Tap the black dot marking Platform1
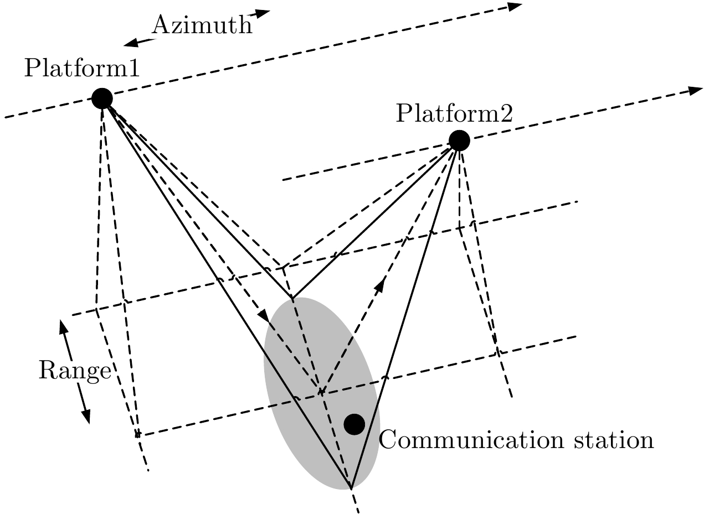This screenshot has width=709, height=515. (x=102, y=98)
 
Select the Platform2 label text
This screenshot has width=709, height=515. (x=454, y=114)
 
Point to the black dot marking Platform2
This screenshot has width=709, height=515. (x=459, y=141)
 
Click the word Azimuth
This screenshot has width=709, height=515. (x=202, y=25)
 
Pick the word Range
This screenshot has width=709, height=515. (x=74, y=371)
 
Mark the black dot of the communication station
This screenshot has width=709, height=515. (x=354, y=424)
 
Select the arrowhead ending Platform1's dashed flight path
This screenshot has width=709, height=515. (x=516, y=6)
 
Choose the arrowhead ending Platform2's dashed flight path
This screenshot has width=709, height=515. (x=696, y=90)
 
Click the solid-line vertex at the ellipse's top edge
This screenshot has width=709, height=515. (x=292, y=299)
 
